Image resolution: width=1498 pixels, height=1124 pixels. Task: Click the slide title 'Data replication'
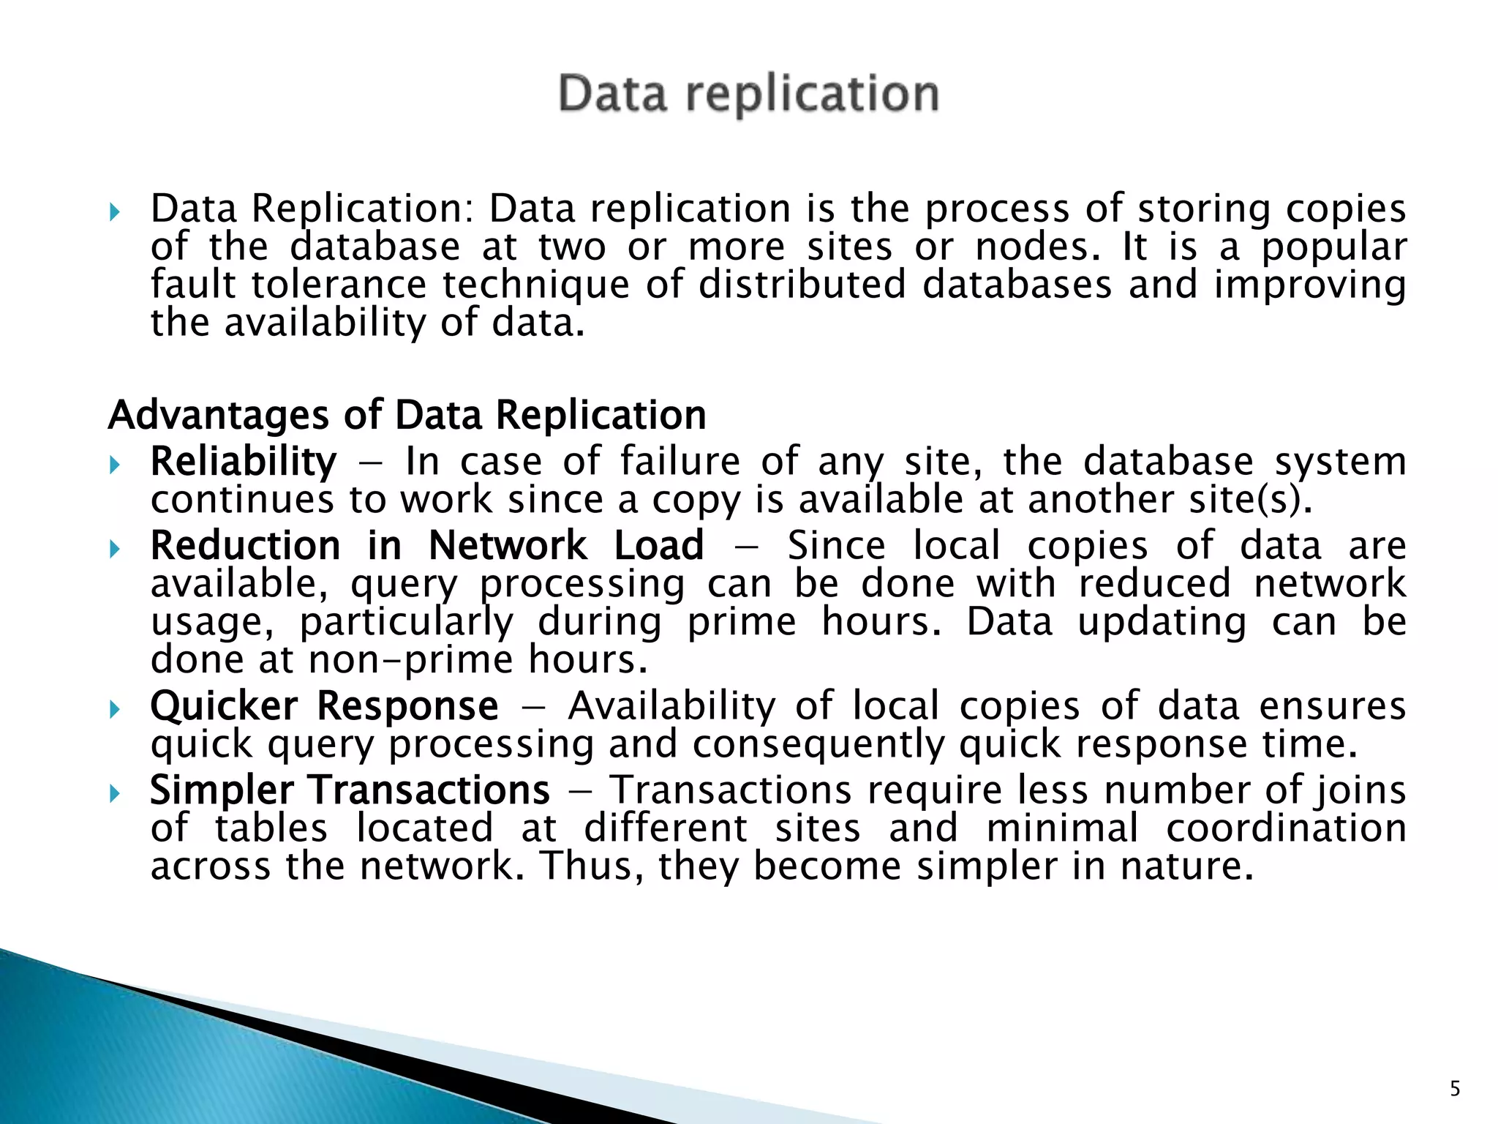point(748,94)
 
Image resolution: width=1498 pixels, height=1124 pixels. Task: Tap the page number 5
point(1455,1089)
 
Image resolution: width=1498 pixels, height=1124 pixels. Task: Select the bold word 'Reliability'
point(244,462)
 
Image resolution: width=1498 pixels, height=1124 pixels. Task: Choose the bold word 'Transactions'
point(429,790)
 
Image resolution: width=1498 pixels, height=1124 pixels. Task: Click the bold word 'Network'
point(508,546)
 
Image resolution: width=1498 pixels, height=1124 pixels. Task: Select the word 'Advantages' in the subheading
point(217,416)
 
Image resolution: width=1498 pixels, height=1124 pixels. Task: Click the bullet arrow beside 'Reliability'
point(113,465)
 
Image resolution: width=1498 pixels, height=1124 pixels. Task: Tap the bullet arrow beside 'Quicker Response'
point(113,709)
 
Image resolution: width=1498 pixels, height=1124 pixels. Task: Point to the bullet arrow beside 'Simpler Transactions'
point(113,793)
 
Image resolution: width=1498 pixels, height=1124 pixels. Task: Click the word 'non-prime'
point(411,660)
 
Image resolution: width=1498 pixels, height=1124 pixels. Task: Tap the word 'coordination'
point(1286,829)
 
